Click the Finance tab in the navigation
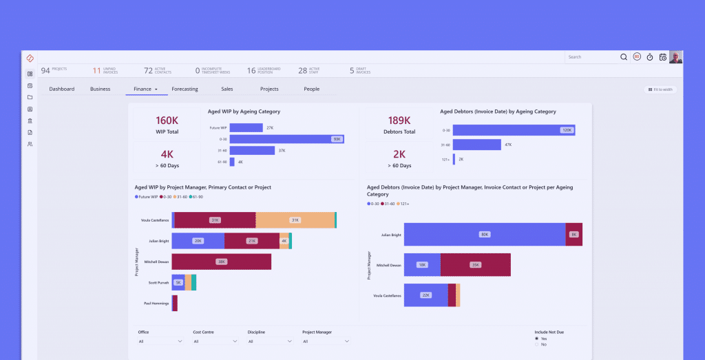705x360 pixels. point(143,89)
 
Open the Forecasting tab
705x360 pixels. point(185,89)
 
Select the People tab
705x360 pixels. point(311,89)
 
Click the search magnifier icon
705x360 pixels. point(624,57)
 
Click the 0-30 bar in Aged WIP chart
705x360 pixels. point(286,139)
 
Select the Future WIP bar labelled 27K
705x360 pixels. point(246,127)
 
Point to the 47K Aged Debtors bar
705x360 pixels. point(477,145)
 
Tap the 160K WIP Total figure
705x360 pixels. point(167,120)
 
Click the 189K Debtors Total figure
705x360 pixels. point(399,120)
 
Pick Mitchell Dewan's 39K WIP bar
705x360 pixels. point(221,262)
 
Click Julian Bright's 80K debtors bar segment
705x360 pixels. point(485,235)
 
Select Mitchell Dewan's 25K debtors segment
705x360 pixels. point(475,264)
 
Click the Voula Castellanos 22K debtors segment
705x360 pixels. point(425,295)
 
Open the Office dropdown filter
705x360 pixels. point(160,341)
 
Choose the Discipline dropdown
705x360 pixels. point(271,341)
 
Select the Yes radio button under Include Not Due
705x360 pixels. point(537,339)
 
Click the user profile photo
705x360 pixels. point(676,57)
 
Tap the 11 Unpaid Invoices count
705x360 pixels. point(97,70)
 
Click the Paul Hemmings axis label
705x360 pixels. point(156,303)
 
